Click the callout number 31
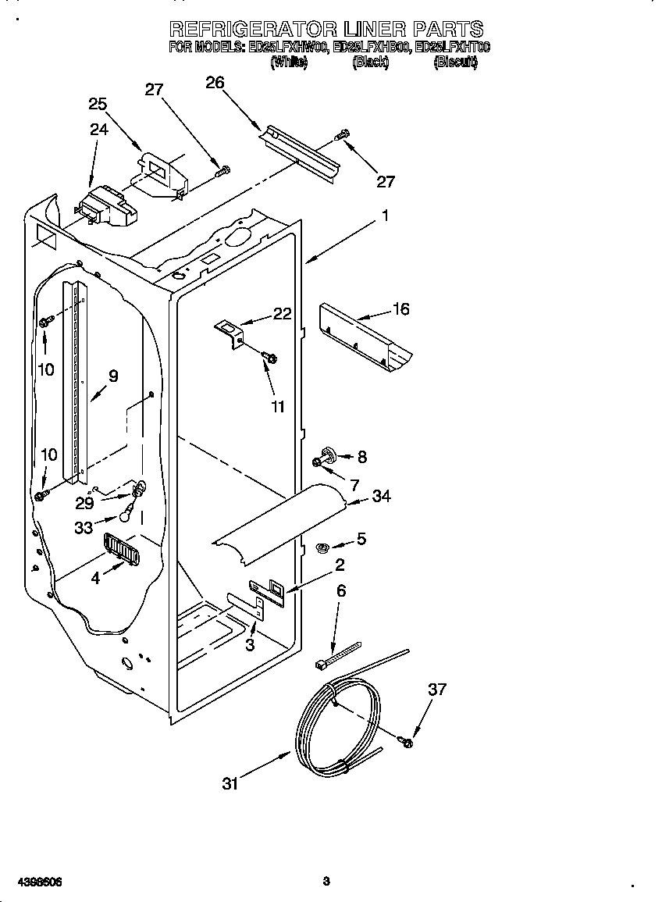[229, 783]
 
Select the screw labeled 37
[406, 740]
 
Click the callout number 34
[382, 496]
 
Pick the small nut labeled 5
[320, 548]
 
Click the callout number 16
[400, 309]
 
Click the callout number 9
[113, 376]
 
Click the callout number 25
[98, 104]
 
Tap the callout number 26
[215, 82]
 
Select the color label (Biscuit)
[455, 63]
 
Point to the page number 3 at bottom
[326, 882]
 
